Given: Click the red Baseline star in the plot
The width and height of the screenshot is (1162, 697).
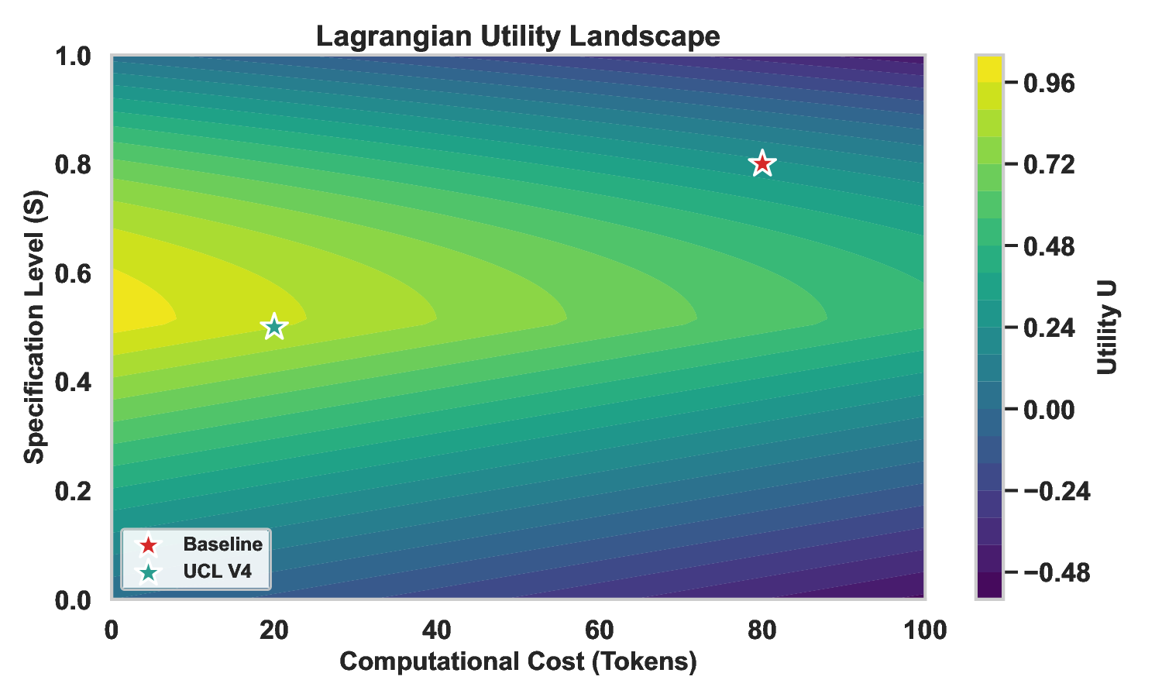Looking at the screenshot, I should click(x=762, y=164).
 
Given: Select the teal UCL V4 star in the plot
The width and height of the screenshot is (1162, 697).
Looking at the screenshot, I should click(x=273, y=328).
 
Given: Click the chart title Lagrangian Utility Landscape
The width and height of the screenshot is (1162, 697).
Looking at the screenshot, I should click(x=517, y=36).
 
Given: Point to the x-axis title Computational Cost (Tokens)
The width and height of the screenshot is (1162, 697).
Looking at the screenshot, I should click(x=517, y=661).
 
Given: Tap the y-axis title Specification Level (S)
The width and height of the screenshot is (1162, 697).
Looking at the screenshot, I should click(x=34, y=328).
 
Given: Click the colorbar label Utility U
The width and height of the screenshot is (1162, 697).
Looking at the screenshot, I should click(x=1108, y=328).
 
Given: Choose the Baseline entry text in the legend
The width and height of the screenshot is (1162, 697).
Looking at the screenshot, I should click(x=222, y=544).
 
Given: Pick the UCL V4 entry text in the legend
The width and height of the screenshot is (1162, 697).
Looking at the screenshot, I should click(x=216, y=572).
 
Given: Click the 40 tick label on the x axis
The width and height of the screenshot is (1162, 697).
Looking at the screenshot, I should click(x=437, y=631).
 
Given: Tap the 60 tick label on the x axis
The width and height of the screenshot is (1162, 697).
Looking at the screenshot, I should click(x=600, y=631).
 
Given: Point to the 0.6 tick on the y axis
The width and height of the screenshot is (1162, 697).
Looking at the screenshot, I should click(x=73, y=274).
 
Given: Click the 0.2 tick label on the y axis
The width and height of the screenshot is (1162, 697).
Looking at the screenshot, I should click(x=73, y=491).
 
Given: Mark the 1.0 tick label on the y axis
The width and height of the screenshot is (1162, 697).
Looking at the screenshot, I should click(x=73, y=57).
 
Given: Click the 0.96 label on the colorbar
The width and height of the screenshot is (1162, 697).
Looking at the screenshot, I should click(x=1049, y=83).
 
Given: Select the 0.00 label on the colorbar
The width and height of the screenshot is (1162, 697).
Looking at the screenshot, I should click(x=1049, y=410).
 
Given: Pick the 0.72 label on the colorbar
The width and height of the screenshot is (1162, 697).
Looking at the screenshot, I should click(x=1049, y=164).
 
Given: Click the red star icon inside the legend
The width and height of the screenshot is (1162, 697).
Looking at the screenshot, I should click(x=147, y=545).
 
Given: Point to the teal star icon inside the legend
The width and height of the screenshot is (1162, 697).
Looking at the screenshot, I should click(x=147, y=573).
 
